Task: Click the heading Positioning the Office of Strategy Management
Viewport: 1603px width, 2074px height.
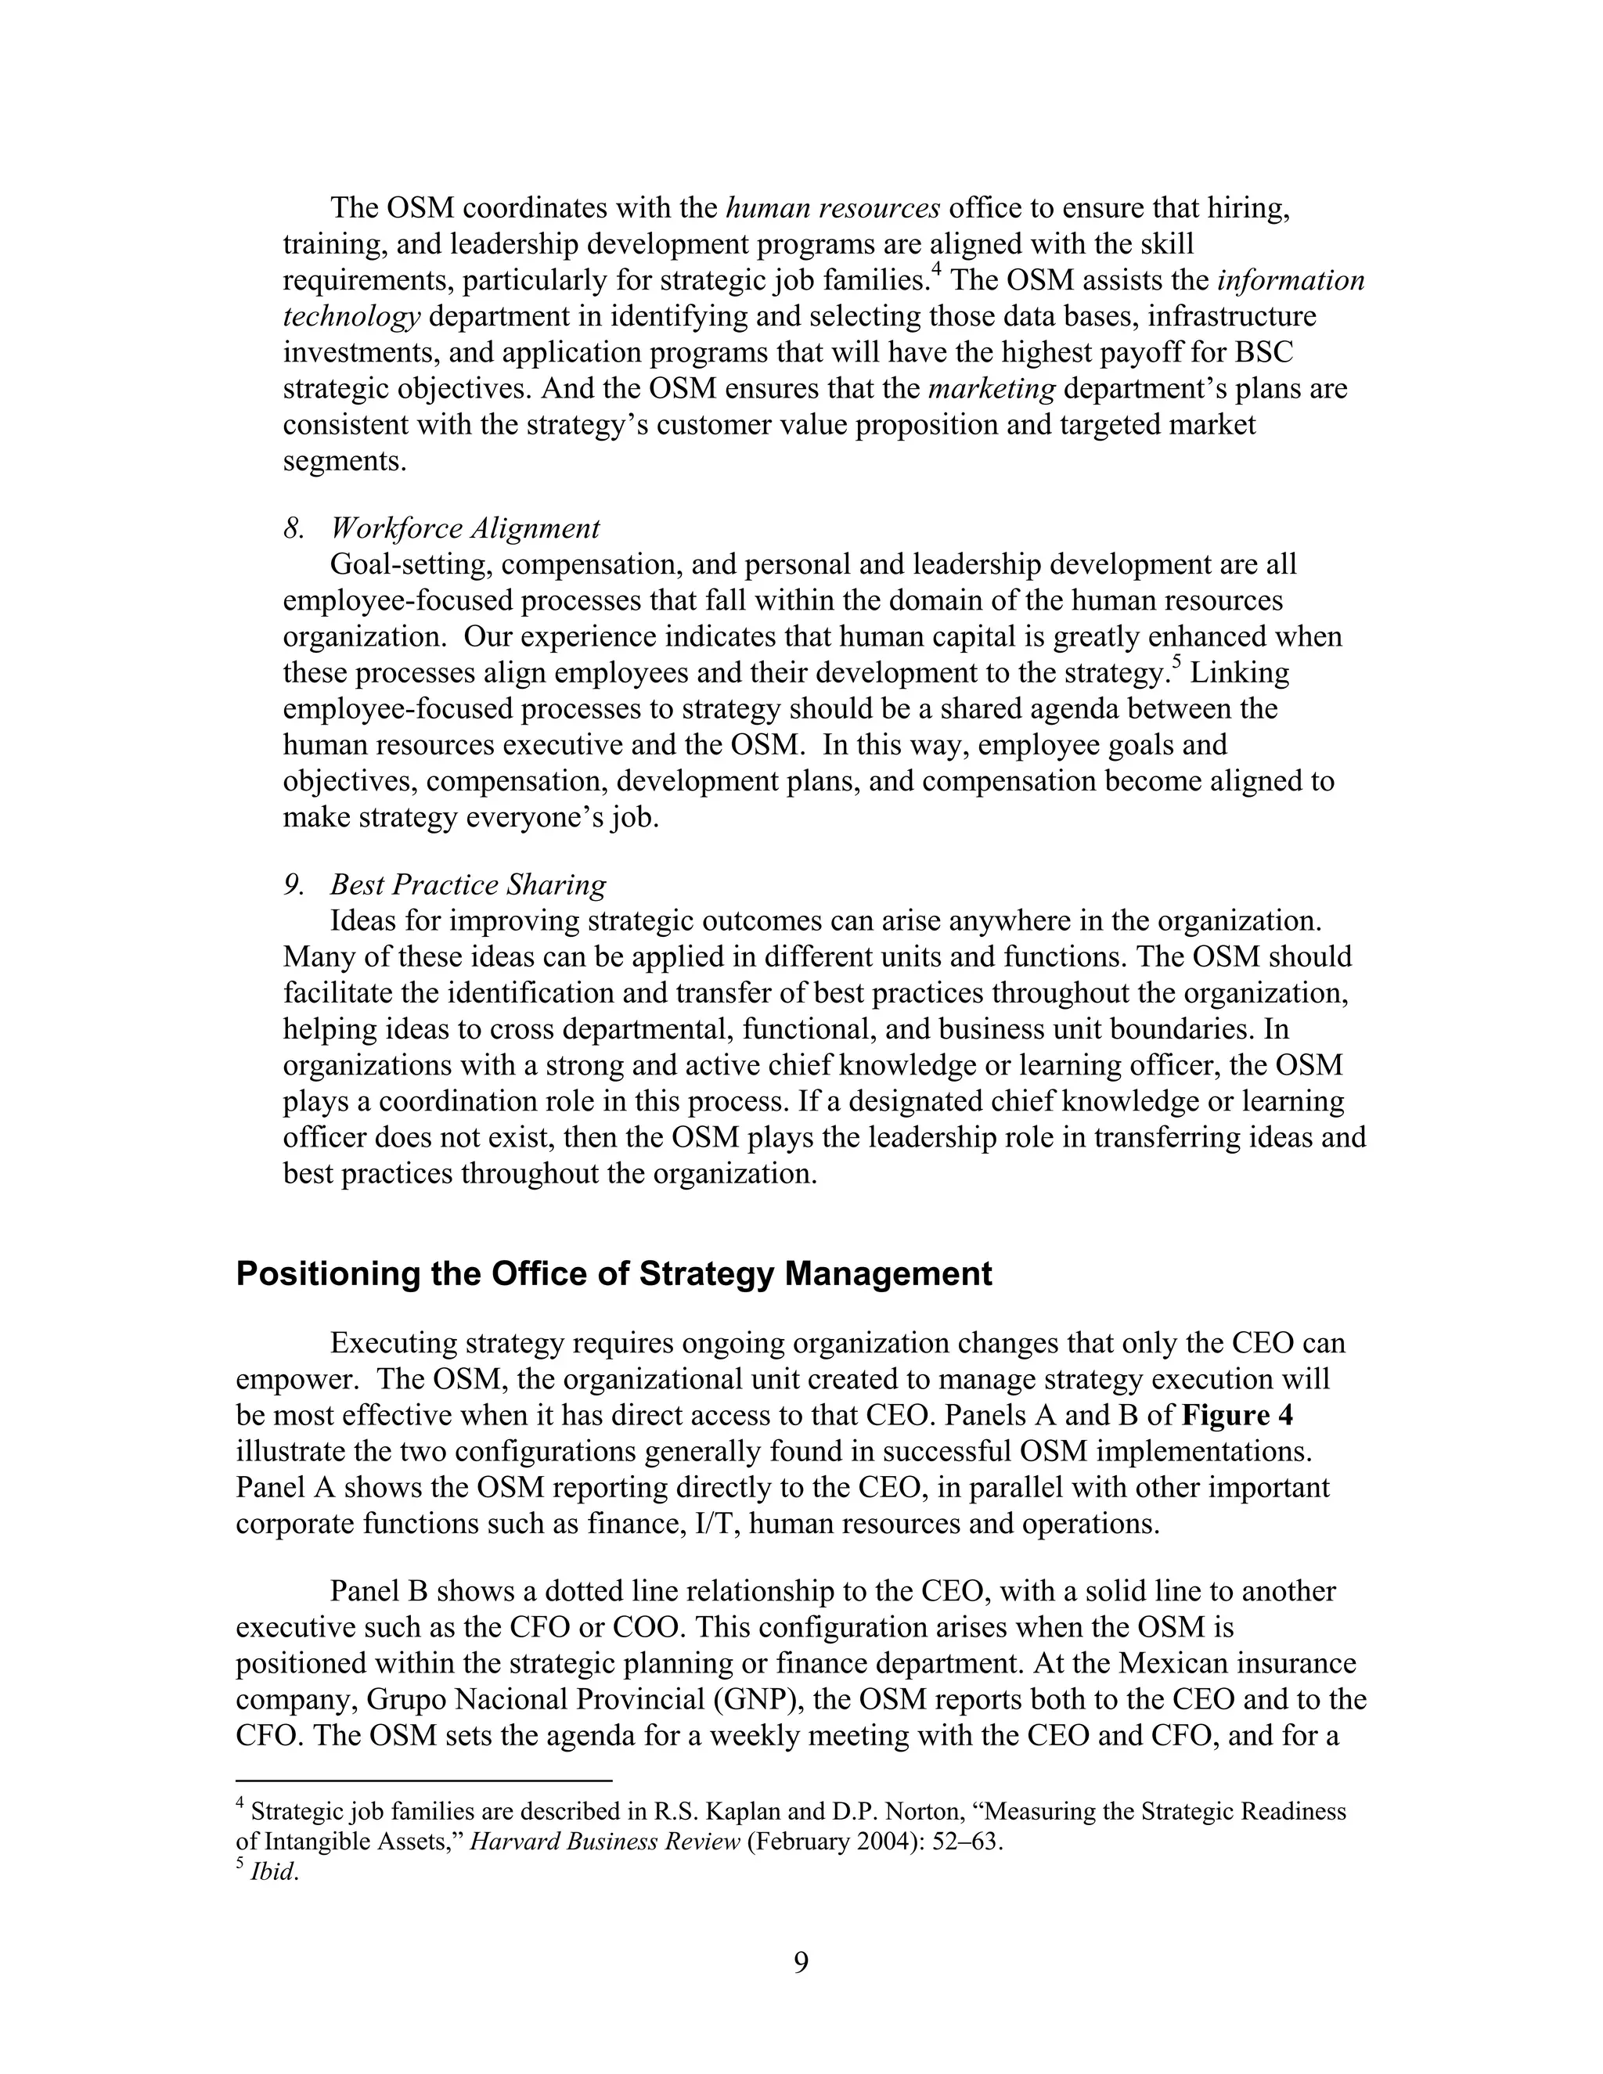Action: [614, 1273]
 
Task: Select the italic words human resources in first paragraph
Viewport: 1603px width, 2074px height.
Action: [833, 207]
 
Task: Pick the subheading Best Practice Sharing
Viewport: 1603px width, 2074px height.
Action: [467, 884]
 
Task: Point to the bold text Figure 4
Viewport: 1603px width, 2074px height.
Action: [1237, 1415]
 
